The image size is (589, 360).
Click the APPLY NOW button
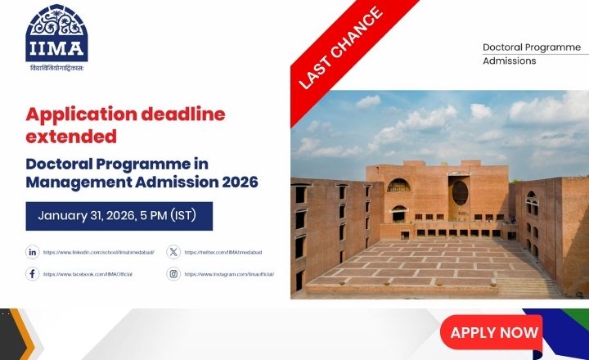(x=494, y=332)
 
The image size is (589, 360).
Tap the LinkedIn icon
(x=33, y=252)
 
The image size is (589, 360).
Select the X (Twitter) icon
(x=173, y=252)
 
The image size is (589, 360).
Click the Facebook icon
(x=33, y=274)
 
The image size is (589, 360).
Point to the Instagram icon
(x=173, y=274)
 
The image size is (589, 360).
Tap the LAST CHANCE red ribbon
(x=341, y=48)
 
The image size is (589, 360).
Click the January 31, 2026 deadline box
(x=119, y=216)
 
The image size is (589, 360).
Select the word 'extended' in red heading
(x=71, y=136)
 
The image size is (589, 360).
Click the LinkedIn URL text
(x=98, y=252)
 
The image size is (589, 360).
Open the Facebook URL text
(x=88, y=274)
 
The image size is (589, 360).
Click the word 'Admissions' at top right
(x=509, y=61)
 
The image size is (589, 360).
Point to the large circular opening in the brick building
(x=461, y=193)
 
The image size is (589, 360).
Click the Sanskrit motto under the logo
(x=56, y=68)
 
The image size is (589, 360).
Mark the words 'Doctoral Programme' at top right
(x=531, y=47)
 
